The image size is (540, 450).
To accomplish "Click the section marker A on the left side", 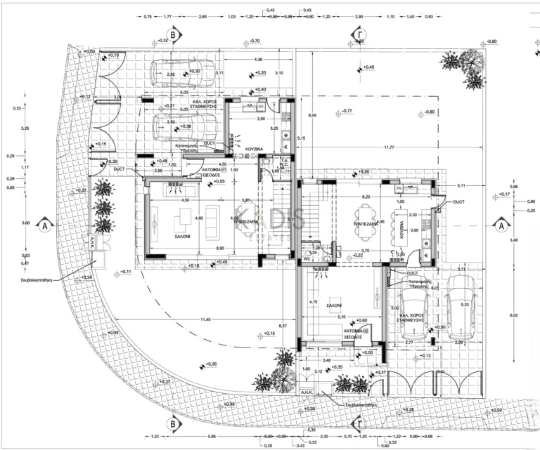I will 44,226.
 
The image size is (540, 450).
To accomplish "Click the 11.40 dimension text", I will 186,319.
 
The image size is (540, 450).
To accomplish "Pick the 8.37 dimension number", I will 282,326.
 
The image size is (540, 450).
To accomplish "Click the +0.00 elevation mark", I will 89,51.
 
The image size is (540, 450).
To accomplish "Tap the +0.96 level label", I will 229,405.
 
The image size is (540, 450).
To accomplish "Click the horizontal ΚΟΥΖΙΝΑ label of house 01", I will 255,150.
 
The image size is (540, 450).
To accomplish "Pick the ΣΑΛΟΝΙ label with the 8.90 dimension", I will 185,237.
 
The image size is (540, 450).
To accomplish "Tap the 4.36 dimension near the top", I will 259,60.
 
